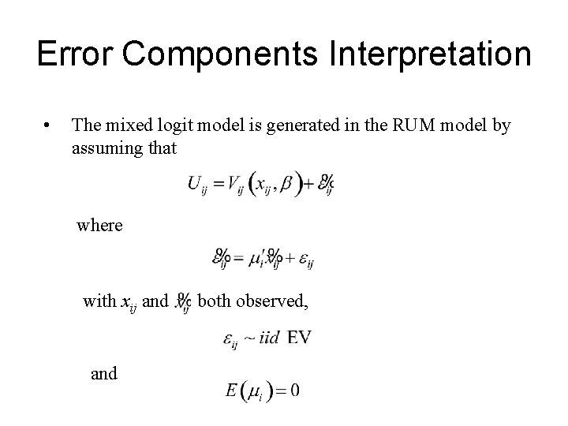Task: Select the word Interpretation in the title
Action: pyautogui.click(x=424, y=55)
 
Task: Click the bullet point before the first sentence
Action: pyautogui.click(x=48, y=125)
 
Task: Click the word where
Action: pyautogui.click(x=99, y=226)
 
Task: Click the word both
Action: pyautogui.click(x=213, y=300)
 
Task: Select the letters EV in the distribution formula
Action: pyautogui.click(x=299, y=338)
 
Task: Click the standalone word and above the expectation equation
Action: pyautogui.click(x=104, y=374)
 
